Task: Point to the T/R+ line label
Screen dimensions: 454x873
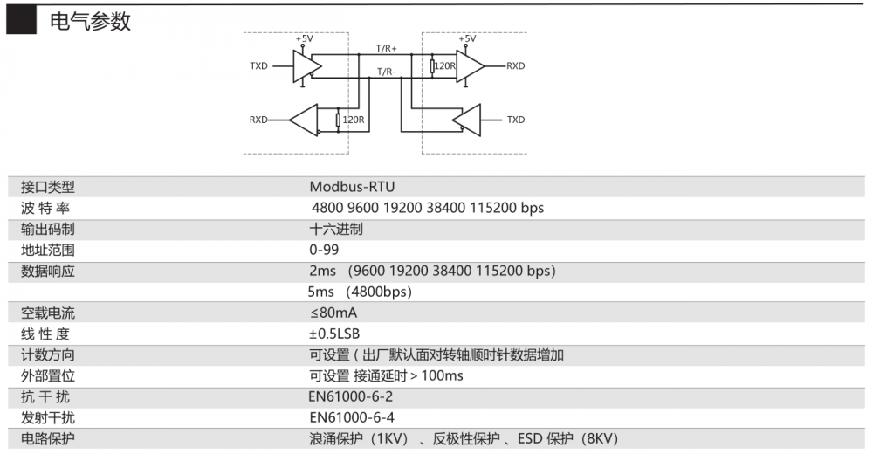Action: coord(386,47)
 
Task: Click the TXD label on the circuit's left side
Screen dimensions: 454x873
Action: coord(258,66)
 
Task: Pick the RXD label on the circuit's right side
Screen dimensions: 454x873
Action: coord(516,65)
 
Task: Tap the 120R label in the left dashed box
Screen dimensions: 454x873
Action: coord(354,120)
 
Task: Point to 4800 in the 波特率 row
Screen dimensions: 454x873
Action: coord(327,208)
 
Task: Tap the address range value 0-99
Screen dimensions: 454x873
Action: coord(323,250)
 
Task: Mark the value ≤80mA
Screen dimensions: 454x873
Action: coord(333,313)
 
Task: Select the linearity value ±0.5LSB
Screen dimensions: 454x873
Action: coord(334,334)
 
